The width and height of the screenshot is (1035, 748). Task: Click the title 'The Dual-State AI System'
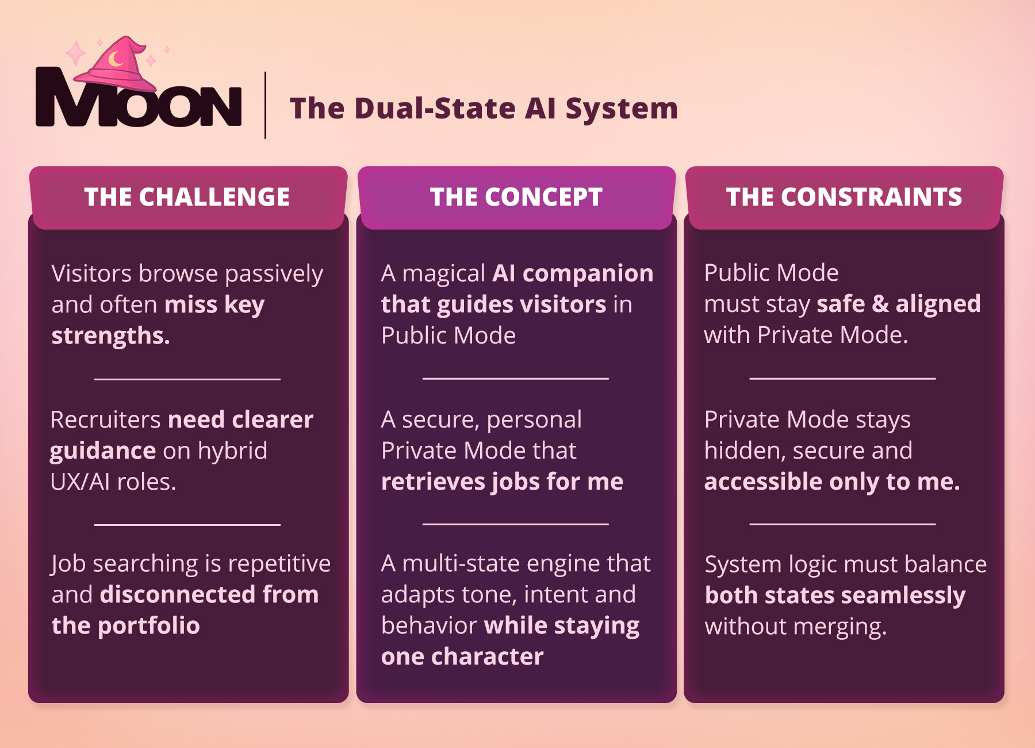pyautogui.click(x=484, y=108)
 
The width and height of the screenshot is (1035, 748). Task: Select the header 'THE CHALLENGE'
pyautogui.click(x=187, y=197)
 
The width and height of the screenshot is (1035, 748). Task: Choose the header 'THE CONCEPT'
pyautogui.click(x=516, y=197)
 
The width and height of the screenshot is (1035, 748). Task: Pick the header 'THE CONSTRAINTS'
pyautogui.click(x=844, y=197)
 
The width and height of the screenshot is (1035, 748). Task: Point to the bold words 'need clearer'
pyautogui.click(x=241, y=419)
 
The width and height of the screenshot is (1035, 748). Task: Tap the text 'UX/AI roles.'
pyautogui.click(x=113, y=482)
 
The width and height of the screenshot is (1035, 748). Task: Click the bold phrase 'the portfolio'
pyautogui.click(x=126, y=625)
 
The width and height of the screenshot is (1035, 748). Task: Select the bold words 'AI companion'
pyautogui.click(x=573, y=273)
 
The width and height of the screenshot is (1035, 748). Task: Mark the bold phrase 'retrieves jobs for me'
pyautogui.click(x=502, y=482)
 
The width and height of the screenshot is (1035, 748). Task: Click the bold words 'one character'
pyautogui.click(x=462, y=657)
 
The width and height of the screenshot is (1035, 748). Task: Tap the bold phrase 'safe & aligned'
pyautogui.click(x=898, y=304)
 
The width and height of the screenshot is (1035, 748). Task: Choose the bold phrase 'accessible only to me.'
pyautogui.click(x=832, y=482)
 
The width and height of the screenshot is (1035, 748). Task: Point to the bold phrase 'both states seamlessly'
pyautogui.click(x=835, y=596)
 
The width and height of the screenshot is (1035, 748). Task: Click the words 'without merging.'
pyautogui.click(x=796, y=627)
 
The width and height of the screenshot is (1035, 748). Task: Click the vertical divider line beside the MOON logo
pyautogui.click(x=265, y=105)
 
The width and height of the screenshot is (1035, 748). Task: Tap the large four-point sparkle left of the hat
pyautogui.click(x=75, y=54)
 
